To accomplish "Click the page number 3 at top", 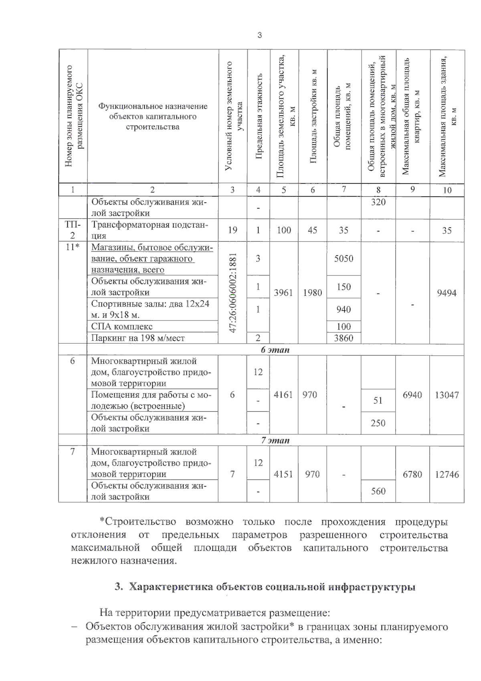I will point(259,35).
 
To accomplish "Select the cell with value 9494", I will point(447,293).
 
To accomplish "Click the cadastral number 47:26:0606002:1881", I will point(233,292).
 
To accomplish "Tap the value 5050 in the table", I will point(344,258).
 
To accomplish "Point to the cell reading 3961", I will point(283,293).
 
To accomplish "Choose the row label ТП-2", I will point(73,230).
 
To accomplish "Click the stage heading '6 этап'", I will point(275,350).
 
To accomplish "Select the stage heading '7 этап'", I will point(275,440).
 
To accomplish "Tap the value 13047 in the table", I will point(447,395).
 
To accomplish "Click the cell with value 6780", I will point(412,474).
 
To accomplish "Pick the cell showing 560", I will point(378,491).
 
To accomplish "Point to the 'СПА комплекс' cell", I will point(122,326).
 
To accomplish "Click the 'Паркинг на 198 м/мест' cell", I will point(138,338).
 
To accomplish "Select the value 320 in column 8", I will point(378,202).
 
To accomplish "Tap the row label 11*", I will point(73,247).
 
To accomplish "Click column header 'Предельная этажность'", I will point(259,116).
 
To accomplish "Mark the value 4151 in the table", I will point(283,474).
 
